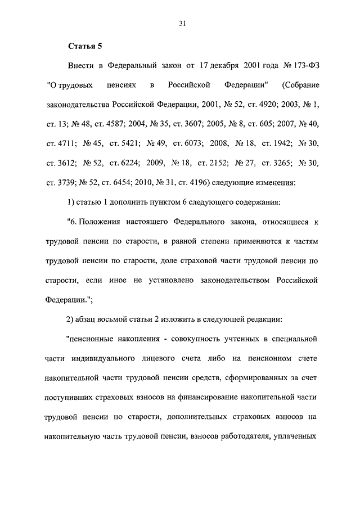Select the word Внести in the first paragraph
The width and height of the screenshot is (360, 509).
click(81, 66)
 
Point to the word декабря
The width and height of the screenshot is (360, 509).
click(223, 66)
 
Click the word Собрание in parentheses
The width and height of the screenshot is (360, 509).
click(301, 85)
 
